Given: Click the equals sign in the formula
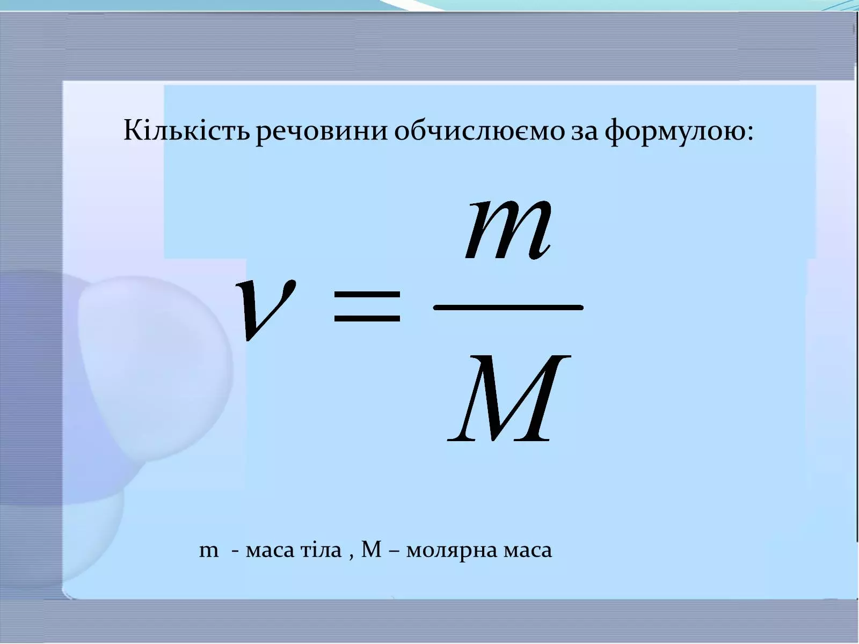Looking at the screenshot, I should (x=367, y=305).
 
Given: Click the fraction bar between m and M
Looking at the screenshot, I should (x=507, y=307).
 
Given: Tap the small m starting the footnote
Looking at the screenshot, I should (x=209, y=551).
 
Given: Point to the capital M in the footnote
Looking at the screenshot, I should (x=371, y=550).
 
